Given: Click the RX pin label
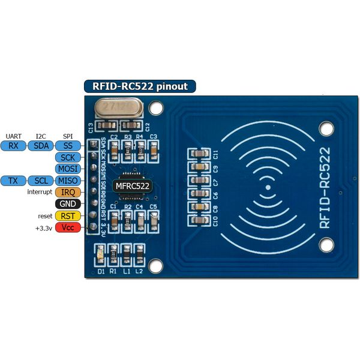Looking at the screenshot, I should point(13,145).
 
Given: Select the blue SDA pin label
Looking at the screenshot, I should point(40,145).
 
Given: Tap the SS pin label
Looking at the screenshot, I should point(68,145).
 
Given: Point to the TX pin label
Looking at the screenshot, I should point(13,181).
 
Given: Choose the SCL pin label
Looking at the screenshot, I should point(40,181).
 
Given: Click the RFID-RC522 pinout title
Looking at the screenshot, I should point(139,86).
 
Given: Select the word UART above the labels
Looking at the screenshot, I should point(13,136).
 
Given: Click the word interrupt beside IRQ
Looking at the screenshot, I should point(40,192).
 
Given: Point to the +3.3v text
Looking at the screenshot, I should point(43,228).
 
